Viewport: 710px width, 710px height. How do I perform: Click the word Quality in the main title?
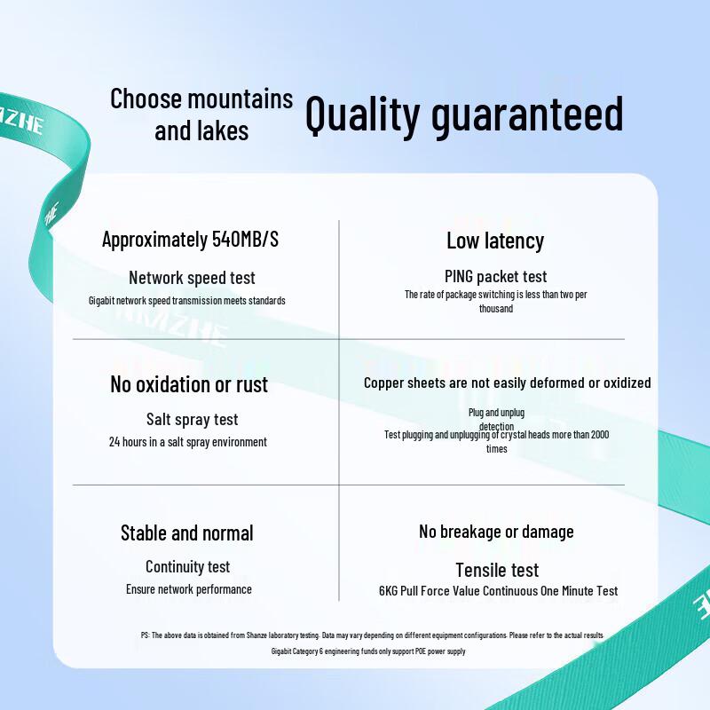point(362,114)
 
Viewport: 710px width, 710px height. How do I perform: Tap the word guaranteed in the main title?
point(527,114)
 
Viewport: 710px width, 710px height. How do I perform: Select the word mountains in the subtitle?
point(240,99)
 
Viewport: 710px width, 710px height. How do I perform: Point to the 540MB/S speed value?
point(246,239)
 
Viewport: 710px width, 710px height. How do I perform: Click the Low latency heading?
point(495,241)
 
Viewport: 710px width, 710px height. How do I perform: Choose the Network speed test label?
point(192,278)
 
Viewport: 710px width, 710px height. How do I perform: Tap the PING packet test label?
point(496,276)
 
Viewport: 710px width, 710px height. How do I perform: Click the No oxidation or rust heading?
point(189,384)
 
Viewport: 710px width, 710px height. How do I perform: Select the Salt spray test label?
point(192,420)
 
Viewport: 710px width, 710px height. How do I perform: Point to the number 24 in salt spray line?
point(114,442)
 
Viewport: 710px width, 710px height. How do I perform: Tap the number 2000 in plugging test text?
point(600,435)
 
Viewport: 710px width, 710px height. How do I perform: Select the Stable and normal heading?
point(187,533)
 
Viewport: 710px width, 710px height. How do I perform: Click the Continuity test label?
point(188,567)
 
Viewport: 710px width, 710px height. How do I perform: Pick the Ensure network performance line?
point(189,589)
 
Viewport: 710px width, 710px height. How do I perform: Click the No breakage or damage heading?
point(496,532)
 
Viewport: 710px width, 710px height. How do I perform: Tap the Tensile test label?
point(497,570)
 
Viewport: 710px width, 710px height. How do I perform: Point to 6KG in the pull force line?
point(389,591)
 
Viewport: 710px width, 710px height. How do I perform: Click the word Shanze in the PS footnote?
point(256,635)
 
